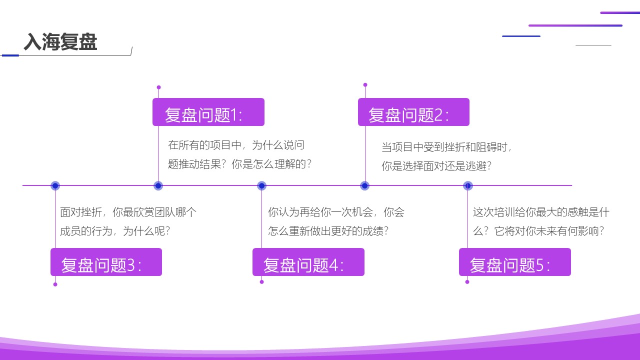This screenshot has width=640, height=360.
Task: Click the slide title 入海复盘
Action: (x=60, y=41)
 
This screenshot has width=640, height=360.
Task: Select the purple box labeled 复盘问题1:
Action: (x=208, y=112)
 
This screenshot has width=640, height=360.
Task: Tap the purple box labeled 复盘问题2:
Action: (x=413, y=112)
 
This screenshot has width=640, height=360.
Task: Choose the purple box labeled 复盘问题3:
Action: (x=106, y=262)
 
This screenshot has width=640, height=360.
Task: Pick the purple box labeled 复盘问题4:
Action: (x=308, y=262)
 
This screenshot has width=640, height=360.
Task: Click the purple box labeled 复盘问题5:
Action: (x=515, y=262)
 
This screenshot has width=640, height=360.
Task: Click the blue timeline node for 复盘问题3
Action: (x=55, y=185)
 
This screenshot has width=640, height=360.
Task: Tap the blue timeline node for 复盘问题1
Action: (x=158, y=185)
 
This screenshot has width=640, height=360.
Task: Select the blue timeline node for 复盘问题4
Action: (x=261, y=185)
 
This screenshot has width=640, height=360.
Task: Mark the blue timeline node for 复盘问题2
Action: (x=365, y=185)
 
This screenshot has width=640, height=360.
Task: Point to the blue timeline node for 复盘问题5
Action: (x=467, y=185)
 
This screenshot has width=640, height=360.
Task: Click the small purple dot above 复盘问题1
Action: (x=159, y=87)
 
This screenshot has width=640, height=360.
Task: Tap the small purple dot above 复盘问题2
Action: (x=365, y=85)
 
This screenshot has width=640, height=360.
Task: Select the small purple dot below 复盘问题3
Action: (x=55, y=284)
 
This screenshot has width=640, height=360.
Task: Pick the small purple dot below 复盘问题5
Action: (x=467, y=282)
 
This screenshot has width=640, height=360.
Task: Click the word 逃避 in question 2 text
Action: (x=476, y=165)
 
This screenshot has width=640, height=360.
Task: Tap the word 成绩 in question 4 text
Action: (x=373, y=231)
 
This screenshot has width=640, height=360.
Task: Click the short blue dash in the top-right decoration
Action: (x=521, y=36)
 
